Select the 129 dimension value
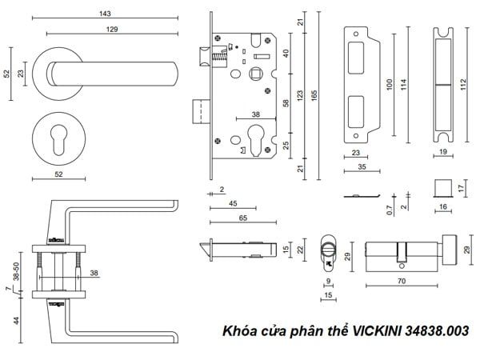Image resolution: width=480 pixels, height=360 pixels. pos(112,30)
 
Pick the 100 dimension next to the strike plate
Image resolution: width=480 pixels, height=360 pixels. pos(390,84)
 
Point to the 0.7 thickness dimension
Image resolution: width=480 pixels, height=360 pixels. pos(389,210)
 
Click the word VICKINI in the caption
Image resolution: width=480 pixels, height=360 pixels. pos(370,330)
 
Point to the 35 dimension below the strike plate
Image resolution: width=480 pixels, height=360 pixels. pos(362,166)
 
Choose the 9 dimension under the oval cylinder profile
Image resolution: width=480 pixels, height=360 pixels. pos(328,282)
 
